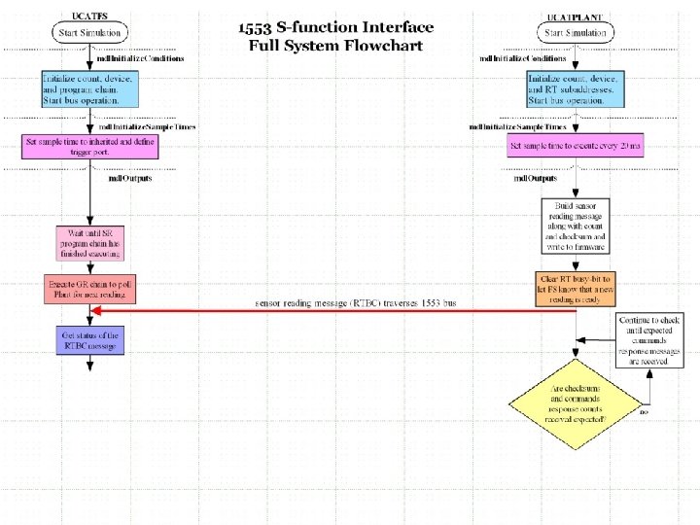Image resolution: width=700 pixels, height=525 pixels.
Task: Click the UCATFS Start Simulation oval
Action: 89,32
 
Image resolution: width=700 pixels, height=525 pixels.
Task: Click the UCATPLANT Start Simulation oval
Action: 576,32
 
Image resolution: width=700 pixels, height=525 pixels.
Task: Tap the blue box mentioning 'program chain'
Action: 89,88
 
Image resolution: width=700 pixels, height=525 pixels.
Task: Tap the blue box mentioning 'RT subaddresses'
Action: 575,88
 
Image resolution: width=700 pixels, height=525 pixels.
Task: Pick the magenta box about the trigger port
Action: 89,147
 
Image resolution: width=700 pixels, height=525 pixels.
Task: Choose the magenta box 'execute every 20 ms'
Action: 575,147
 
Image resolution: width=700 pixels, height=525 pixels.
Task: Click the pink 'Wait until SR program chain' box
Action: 89,243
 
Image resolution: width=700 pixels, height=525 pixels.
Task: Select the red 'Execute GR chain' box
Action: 89,289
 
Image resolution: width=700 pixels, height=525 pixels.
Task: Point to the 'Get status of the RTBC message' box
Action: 89,340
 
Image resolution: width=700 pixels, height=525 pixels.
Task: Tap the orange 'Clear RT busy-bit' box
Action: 575,289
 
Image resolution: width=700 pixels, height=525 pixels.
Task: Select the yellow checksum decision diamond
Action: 576,402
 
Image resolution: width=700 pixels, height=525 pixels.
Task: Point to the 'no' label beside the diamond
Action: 644,412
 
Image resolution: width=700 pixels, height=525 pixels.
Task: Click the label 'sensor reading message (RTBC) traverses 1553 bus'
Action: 355,303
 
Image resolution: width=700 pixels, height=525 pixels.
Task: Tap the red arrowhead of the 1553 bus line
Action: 95,312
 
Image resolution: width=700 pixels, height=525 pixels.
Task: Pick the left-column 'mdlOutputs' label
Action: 129,178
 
